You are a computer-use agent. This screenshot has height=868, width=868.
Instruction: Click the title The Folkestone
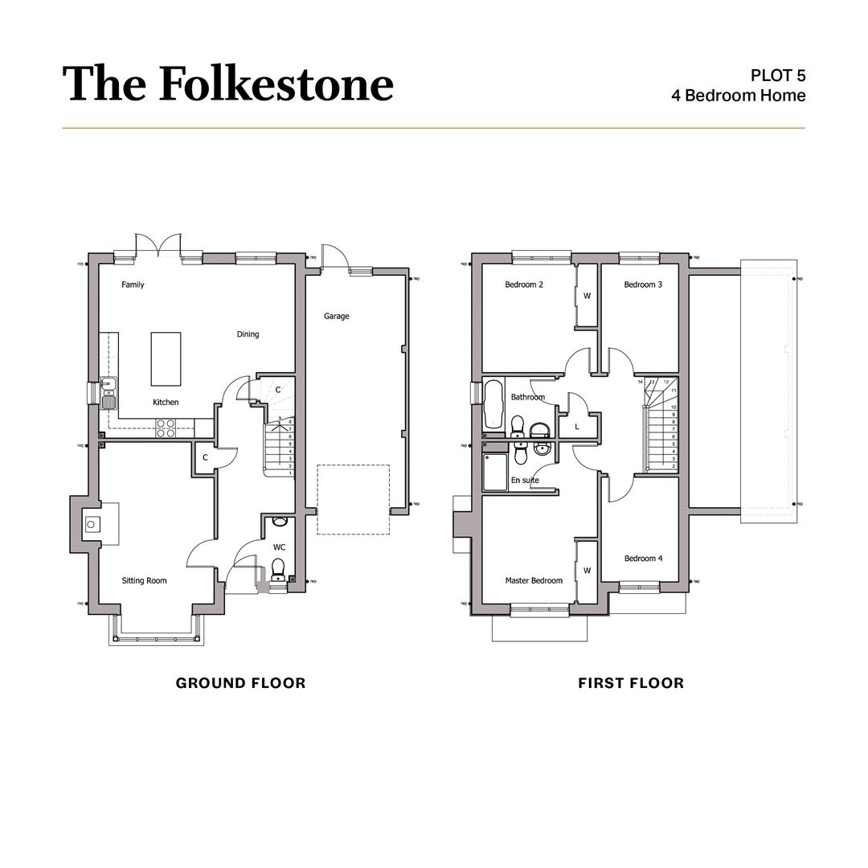pyautogui.click(x=227, y=84)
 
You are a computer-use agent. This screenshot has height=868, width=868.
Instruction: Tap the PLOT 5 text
pyautogui.click(x=777, y=76)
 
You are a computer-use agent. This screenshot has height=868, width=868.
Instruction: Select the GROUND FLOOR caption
pyautogui.click(x=240, y=683)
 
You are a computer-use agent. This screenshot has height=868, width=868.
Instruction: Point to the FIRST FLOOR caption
pyautogui.click(x=631, y=683)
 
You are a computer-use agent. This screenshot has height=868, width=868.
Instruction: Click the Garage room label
pyautogui.click(x=336, y=316)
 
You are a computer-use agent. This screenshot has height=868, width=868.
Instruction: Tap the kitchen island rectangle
pyautogui.click(x=166, y=358)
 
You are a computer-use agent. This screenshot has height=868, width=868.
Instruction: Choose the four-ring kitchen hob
pyautogui.click(x=166, y=428)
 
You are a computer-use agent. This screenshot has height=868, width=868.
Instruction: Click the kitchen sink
pyautogui.click(x=108, y=395)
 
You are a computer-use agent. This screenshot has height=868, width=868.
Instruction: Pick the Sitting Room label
pyautogui.click(x=144, y=580)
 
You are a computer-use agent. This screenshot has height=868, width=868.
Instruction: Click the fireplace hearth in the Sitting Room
pyautogui.click(x=91, y=525)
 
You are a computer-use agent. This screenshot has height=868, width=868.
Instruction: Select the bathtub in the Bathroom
pyautogui.click(x=493, y=404)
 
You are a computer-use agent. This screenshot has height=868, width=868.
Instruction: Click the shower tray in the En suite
pyautogui.click(x=495, y=472)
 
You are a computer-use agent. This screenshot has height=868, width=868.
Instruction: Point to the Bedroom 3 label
pyautogui.click(x=643, y=285)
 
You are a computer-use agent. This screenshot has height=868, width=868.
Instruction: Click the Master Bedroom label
pyautogui.click(x=534, y=580)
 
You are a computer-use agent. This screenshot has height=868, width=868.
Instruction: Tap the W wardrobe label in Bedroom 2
pyautogui.click(x=587, y=296)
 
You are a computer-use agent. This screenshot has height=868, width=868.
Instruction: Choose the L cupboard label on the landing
pyautogui.click(x=577, y=427)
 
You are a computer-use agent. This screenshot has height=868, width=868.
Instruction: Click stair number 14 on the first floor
pyautogui.click(x=641, y=382)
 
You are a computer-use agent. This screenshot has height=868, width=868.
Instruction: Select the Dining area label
pyautogui.click(x=248, y=334)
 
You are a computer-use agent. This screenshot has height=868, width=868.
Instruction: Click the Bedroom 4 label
pyautogui.click(x=643, y=559)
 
